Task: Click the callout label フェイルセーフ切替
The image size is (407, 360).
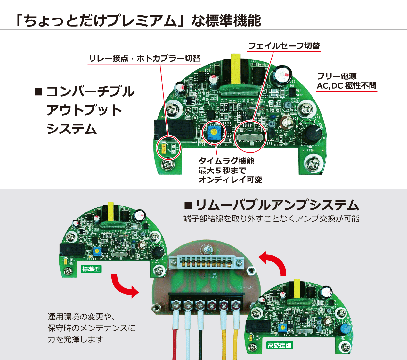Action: click(284, 46)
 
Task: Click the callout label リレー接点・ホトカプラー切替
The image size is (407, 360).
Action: click(144, 59)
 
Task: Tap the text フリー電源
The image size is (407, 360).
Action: click(337, 76)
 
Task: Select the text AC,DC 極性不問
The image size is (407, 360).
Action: click(346, 86)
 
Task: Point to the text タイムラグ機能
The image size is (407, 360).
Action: click(226, 161)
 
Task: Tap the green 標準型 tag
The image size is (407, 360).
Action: click(91, 269)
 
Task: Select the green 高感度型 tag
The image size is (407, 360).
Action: click(280, 345)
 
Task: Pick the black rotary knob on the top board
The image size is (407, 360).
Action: click(312, 135)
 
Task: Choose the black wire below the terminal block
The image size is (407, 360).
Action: click(200, 342)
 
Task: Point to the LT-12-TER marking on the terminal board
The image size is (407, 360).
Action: click(241, 287)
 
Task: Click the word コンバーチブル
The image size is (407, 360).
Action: click(91, 92)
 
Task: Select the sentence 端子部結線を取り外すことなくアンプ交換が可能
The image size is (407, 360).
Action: click(271, 219)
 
